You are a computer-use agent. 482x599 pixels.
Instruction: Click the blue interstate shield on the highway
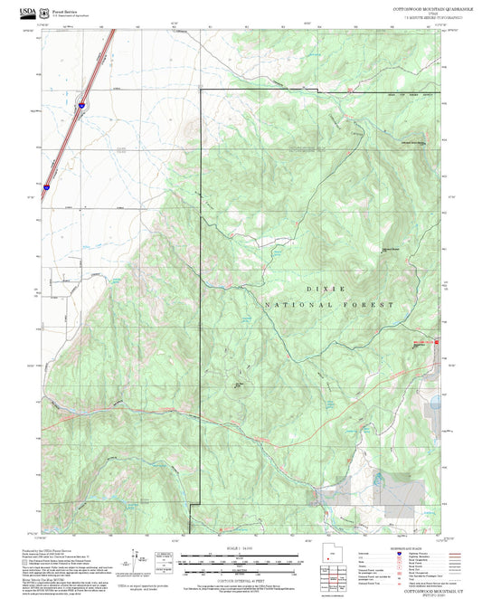pyautogui.click(x=81, y=105)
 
